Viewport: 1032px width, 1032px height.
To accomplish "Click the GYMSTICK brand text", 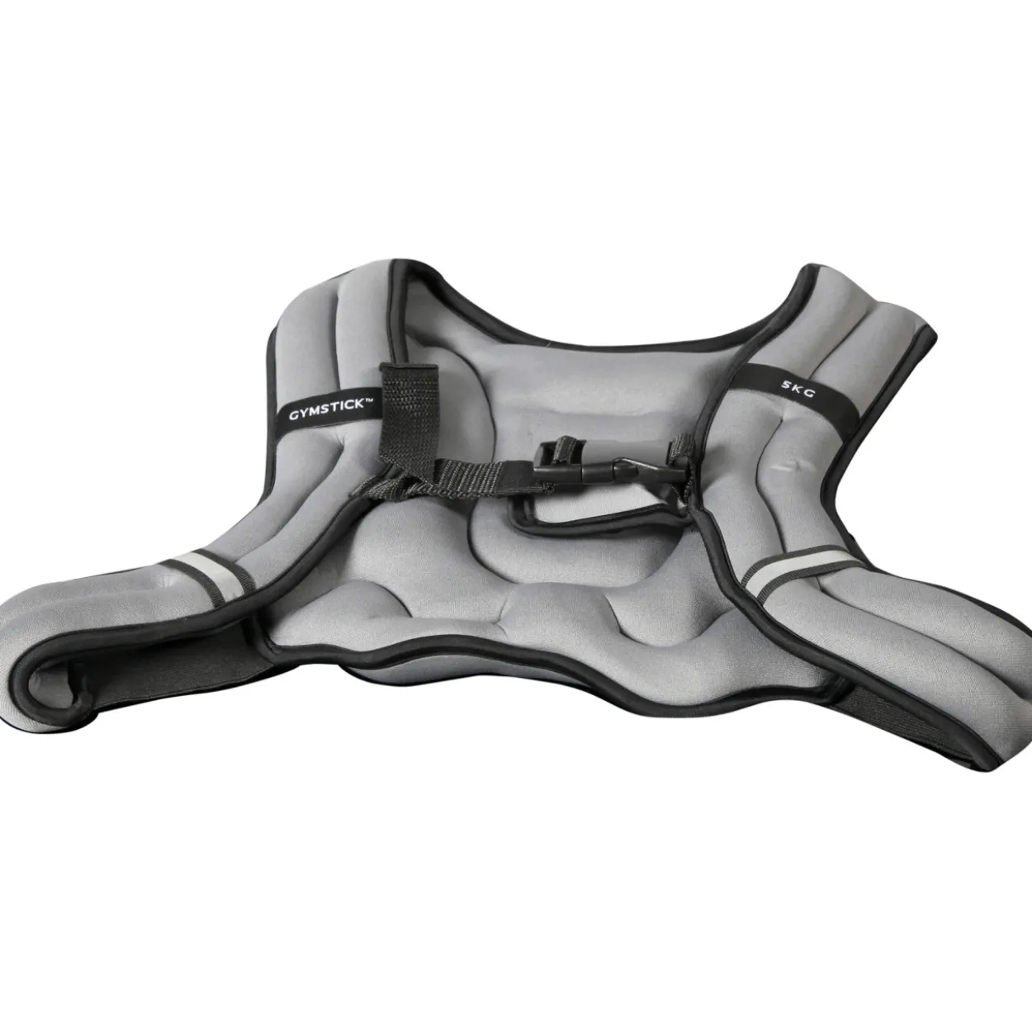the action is coord(326,409).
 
